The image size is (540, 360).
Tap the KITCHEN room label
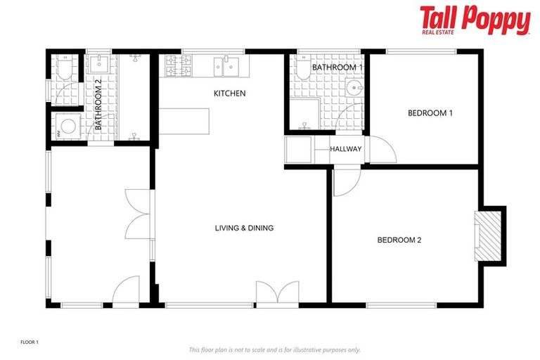[229, 94]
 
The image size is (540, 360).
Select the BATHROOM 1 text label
[337, 67]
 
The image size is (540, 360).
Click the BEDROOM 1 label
[430, 113]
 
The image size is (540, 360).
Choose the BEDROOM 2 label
[399, 240]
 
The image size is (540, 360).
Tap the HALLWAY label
[346, 149]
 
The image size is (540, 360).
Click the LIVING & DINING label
[244, 228]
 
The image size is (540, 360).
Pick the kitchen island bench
[186, 122]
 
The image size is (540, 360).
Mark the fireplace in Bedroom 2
[487, 236]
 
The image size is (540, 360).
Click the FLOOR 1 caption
[30, 342]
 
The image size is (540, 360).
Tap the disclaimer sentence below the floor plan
[274, 349]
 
